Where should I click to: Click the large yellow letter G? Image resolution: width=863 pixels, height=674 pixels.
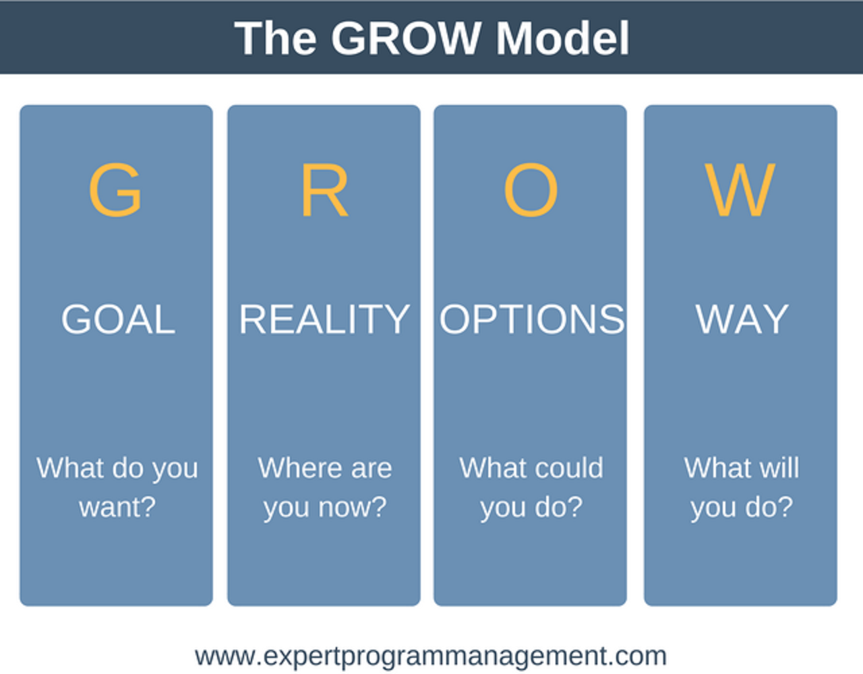[x=115, y=191]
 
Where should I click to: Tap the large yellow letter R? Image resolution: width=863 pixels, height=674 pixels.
[x=324, y=191]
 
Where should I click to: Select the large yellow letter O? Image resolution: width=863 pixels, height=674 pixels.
[x=531, y=191]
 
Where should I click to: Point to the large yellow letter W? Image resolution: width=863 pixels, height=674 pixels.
[x=740, y=191]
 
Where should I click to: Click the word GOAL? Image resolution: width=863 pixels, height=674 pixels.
[x=118, y=319]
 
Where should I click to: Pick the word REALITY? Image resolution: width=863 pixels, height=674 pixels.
[x=324, y=319]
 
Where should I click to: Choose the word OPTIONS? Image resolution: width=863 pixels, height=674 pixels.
[x=532, y=319]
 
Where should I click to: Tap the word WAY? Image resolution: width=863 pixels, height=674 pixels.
[x=742, y=319]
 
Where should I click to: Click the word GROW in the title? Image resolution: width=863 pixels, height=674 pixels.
[x=405, y=38]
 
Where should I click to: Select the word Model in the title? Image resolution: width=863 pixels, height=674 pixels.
[x=562, y=38]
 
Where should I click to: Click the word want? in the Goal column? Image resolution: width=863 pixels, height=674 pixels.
[x=117, y=507]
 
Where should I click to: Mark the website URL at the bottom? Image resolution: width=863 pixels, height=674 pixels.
[x=431, y=656]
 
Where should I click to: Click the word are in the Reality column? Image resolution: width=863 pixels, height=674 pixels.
[x=370, y=468]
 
